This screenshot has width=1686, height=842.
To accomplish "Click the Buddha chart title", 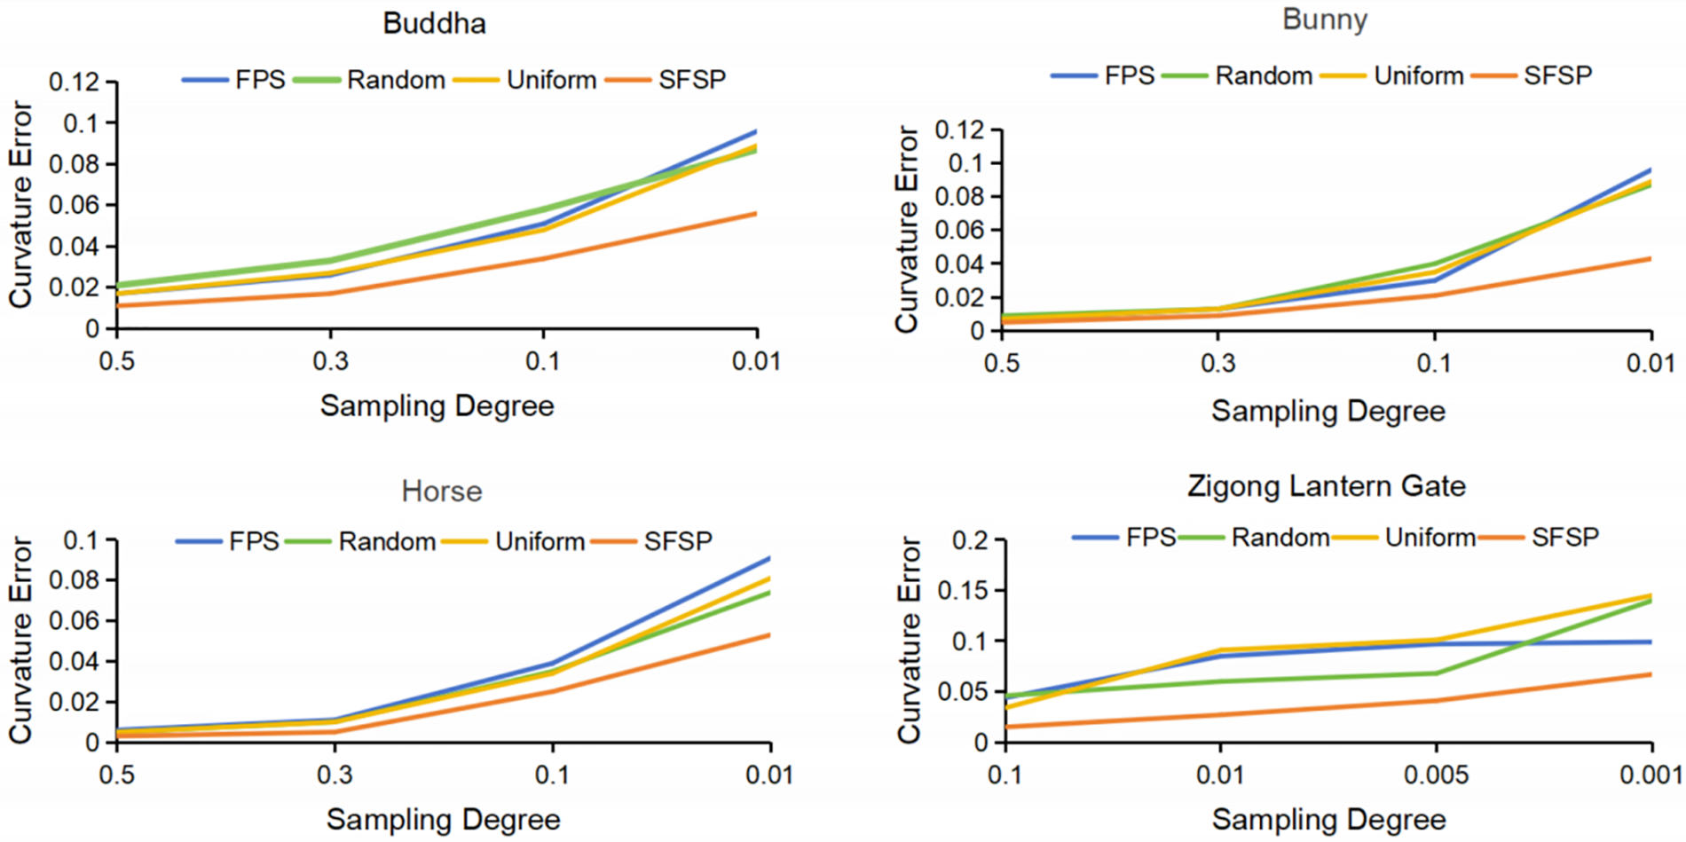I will click(434, 23).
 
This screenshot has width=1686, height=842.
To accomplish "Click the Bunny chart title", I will click(1324, 20).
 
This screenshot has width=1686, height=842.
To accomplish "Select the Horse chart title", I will click(441, 491).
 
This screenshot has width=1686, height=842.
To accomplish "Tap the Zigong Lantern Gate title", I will click(1326, 486).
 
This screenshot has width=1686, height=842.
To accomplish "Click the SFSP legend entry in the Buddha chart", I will click(691, 80).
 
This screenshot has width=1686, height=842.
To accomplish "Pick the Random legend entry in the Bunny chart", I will click(1263, 76).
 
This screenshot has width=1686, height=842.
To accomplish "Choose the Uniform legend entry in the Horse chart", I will click(539, 541).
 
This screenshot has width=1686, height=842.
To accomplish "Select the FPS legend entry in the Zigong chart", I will click(1150, 538).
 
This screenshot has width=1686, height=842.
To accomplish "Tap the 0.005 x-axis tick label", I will click(1436, 775).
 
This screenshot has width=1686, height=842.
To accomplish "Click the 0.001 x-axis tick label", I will click(1651, 775).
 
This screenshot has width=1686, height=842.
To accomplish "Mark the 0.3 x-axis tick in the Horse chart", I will click(334, 775).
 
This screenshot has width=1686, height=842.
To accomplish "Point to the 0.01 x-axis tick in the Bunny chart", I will click(1651, 364).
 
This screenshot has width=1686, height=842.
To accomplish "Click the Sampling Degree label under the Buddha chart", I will click(437, 406).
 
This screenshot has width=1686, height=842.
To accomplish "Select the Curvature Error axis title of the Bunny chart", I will click(906, 229).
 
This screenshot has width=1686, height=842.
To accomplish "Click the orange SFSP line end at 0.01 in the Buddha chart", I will click(756, 213).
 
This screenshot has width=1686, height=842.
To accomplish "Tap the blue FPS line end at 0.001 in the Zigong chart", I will click(1651, 641).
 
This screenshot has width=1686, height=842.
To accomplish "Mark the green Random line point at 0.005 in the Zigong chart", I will click(1436, 673).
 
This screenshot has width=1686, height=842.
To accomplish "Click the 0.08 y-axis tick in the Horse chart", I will click(83, 581).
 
